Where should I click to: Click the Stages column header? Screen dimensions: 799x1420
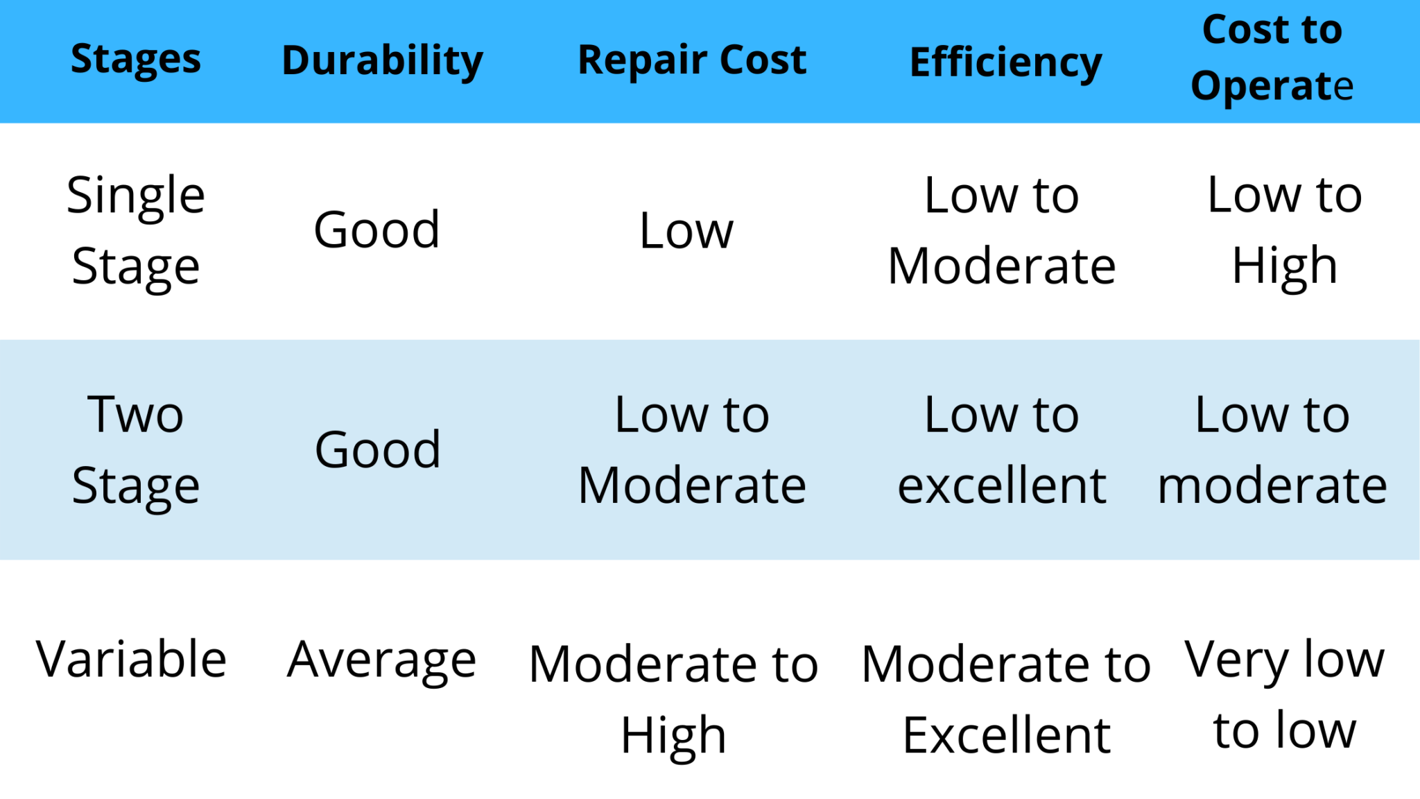(136, 60)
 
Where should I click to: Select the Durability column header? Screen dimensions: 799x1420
(382, 61)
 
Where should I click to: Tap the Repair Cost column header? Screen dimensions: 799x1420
(692, 60)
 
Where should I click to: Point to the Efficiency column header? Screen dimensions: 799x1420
(1005, 63)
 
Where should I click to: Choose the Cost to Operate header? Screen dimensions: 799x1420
(1272, 58)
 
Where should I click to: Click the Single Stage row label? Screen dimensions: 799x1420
(136, 230)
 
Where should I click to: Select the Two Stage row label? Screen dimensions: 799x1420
(136, 449)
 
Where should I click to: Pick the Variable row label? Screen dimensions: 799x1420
(131, 659)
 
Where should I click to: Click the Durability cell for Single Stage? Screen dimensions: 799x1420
(376, 230)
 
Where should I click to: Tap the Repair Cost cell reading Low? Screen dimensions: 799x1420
(686, 231)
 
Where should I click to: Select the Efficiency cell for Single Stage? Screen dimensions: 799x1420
(1002, 230)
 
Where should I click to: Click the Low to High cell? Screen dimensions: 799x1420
(1284, 230)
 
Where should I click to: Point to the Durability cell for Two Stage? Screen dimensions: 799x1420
(378, 449)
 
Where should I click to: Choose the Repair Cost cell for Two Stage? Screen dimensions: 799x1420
(692, 449)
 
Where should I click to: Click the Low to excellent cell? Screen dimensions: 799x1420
(1002, 449)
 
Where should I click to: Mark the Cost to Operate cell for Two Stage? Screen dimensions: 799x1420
(1272, 449)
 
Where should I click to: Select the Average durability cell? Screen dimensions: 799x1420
(381, 660)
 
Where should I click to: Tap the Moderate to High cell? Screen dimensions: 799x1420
(673, 698)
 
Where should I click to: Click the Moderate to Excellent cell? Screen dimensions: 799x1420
(1006, 698)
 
